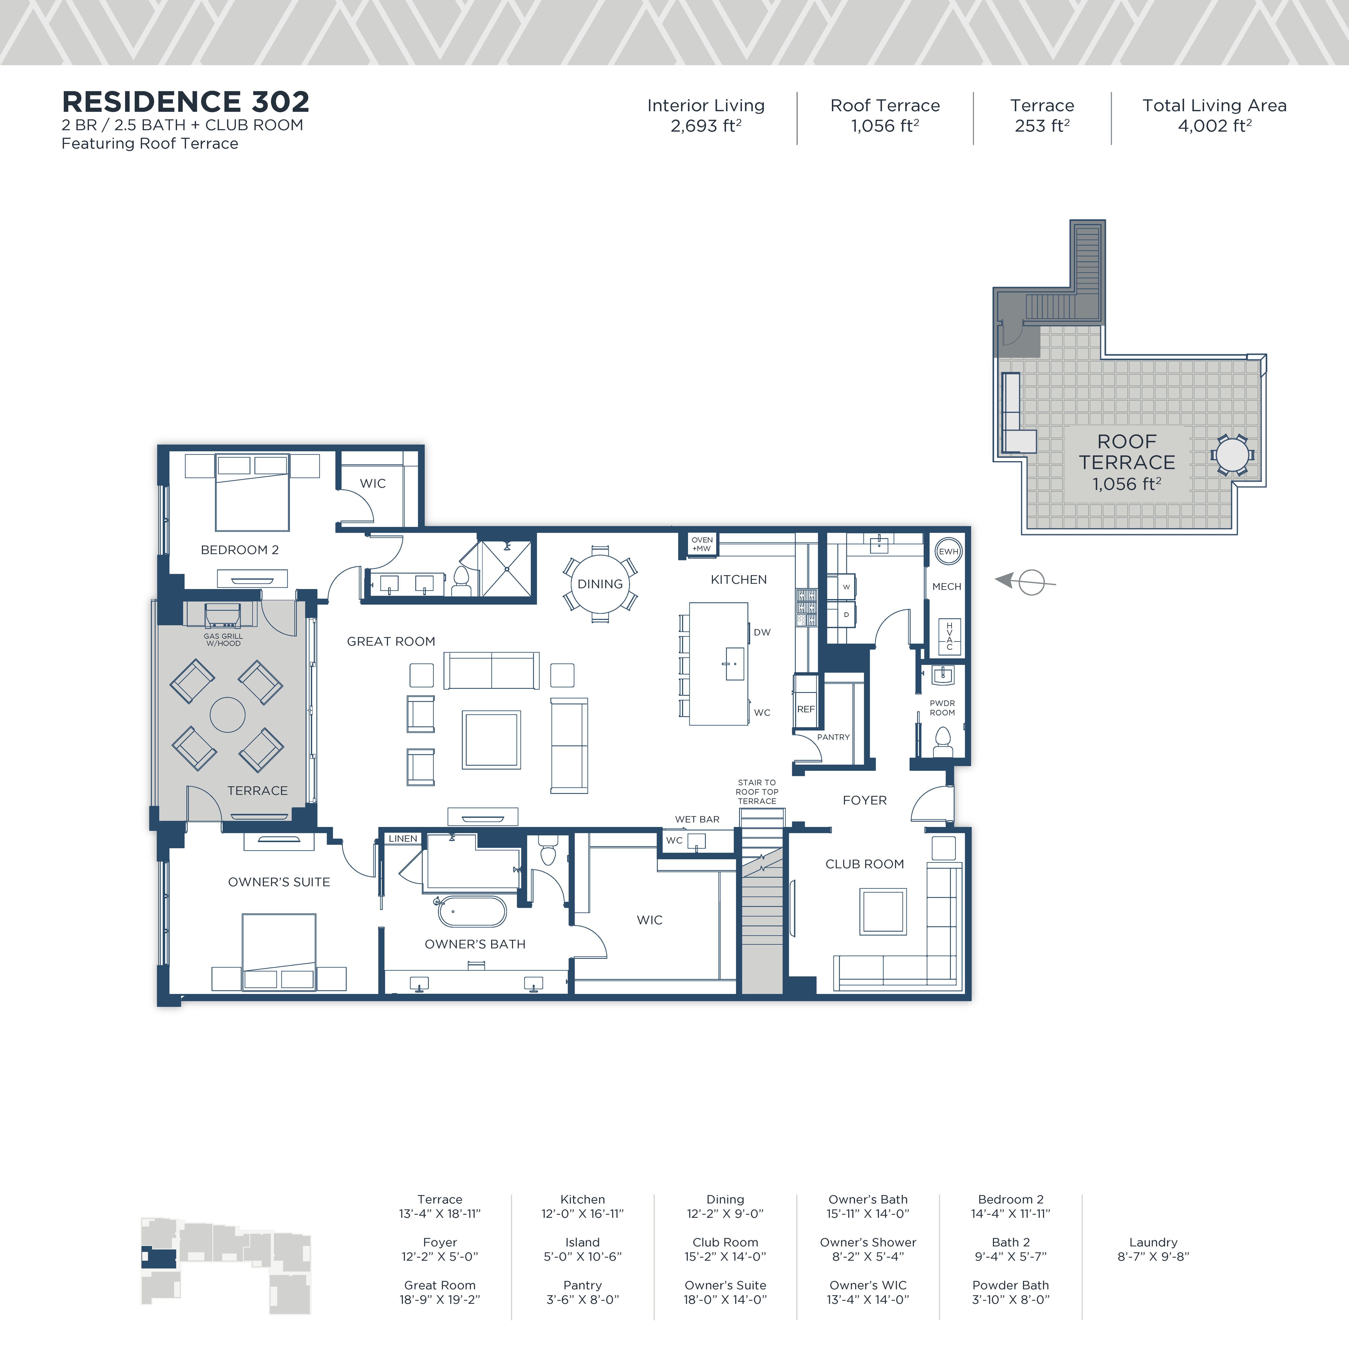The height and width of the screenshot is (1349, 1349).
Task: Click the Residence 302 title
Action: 185,102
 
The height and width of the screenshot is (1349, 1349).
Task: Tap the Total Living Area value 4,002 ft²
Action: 1214,126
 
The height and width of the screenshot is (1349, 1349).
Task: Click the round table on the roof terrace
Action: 1232,455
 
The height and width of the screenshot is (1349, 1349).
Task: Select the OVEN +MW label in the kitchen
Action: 702,544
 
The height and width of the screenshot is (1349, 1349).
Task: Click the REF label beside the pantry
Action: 806,709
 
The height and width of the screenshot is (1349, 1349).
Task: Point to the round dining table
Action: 600,584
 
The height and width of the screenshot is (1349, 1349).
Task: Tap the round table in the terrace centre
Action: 228,715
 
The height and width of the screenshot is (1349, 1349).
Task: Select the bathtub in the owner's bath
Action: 472,911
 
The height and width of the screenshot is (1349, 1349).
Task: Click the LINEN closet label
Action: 403,839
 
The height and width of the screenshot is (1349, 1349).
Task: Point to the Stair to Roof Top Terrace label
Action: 757,792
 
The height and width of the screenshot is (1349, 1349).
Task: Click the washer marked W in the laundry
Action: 845,586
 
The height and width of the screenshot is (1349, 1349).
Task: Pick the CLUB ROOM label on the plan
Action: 864,864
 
